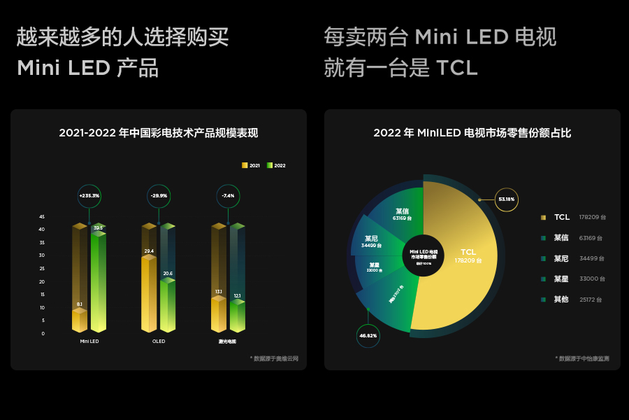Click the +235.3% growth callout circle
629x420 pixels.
point(89,196)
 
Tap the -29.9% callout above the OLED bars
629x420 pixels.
point(159,196)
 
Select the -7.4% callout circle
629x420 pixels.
point(228,196)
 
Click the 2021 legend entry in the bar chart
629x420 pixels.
point(251,166)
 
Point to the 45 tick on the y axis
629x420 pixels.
point(42,217)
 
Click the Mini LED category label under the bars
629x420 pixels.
point(89,342)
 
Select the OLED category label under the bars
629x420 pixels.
point(159,342)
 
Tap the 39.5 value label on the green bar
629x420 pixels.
point(99,228)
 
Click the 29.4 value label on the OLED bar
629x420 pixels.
point(149,251)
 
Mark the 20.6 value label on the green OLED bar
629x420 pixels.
point(168,274)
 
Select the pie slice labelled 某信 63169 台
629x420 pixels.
point(400,213)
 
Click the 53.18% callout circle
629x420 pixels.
point(506,199)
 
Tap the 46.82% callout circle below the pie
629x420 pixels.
point(368,336)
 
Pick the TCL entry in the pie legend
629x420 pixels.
point(561,218)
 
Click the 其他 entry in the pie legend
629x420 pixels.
point(561,300)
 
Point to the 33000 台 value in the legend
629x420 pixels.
point(592,279)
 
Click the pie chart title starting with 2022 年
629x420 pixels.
point(472,133)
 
